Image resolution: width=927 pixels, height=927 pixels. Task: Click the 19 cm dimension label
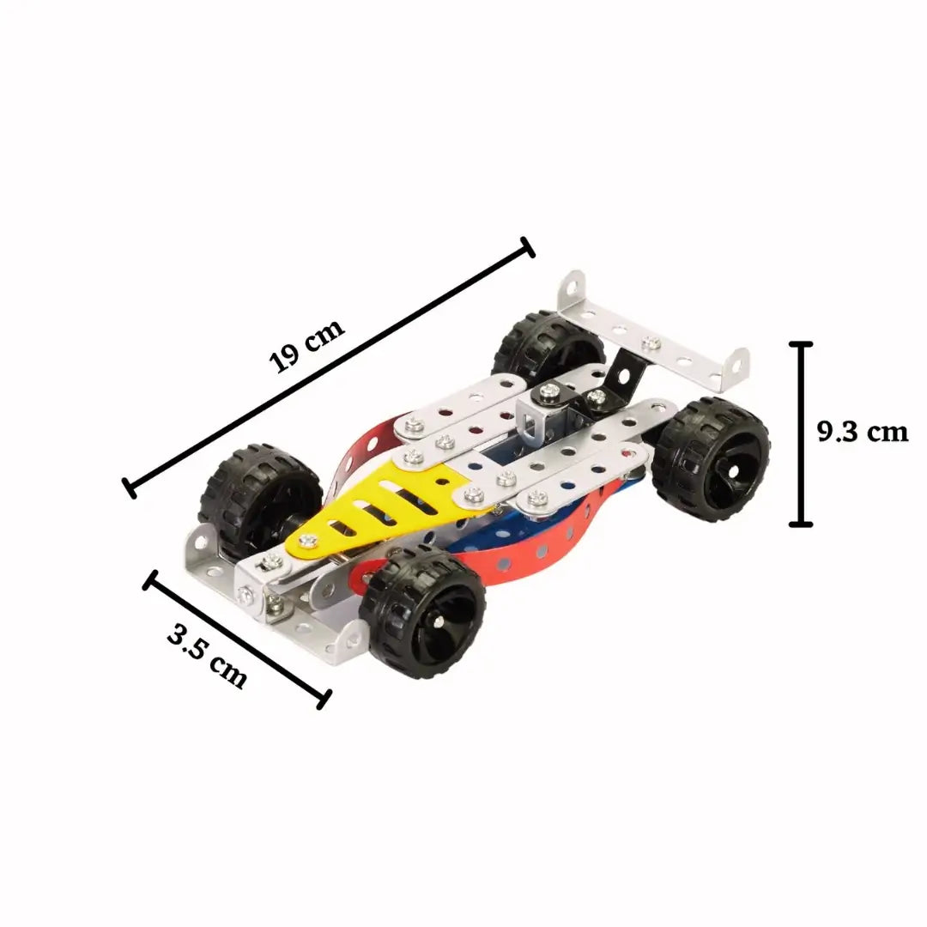pyautogui.click(x=306, y=347)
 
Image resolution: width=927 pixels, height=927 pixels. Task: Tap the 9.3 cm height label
pyautogui.click(x=863, y=432)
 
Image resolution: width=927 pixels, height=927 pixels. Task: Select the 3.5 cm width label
pyautogui.click(x=207, y=657)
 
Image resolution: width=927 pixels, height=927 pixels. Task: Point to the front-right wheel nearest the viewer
pyautogui.click(x=423, y=611)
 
